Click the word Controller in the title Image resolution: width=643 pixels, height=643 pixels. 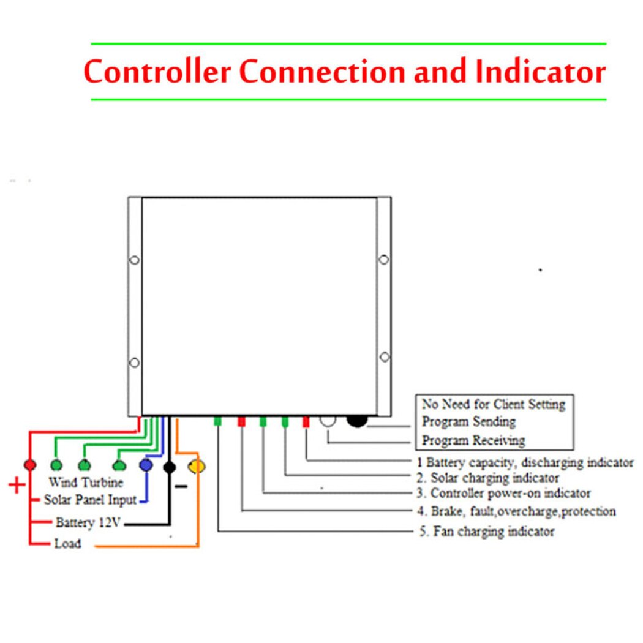coord(157,72)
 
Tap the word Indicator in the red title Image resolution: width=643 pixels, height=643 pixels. coord(540,72)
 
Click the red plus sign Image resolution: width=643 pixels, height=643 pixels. coord(17,486)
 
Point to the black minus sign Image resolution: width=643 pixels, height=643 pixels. coord(181,487)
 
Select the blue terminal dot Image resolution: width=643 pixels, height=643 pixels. coord(146,465)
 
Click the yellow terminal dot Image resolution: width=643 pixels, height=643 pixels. coord(197,467)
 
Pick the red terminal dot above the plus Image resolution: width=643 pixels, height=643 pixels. coord(29,465)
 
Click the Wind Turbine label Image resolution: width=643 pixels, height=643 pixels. coord(86,483)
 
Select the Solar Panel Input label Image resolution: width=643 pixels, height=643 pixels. coord(90,500)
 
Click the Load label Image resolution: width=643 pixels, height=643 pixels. coord(67,544)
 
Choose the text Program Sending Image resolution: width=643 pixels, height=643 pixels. coord(468,422)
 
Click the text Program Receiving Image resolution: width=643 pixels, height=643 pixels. coord(473,440)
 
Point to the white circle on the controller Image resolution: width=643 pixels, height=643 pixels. coord(328,420)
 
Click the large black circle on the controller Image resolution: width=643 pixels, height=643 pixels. coord(357,420)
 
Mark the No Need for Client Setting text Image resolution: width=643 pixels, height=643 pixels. coord(494,404)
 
